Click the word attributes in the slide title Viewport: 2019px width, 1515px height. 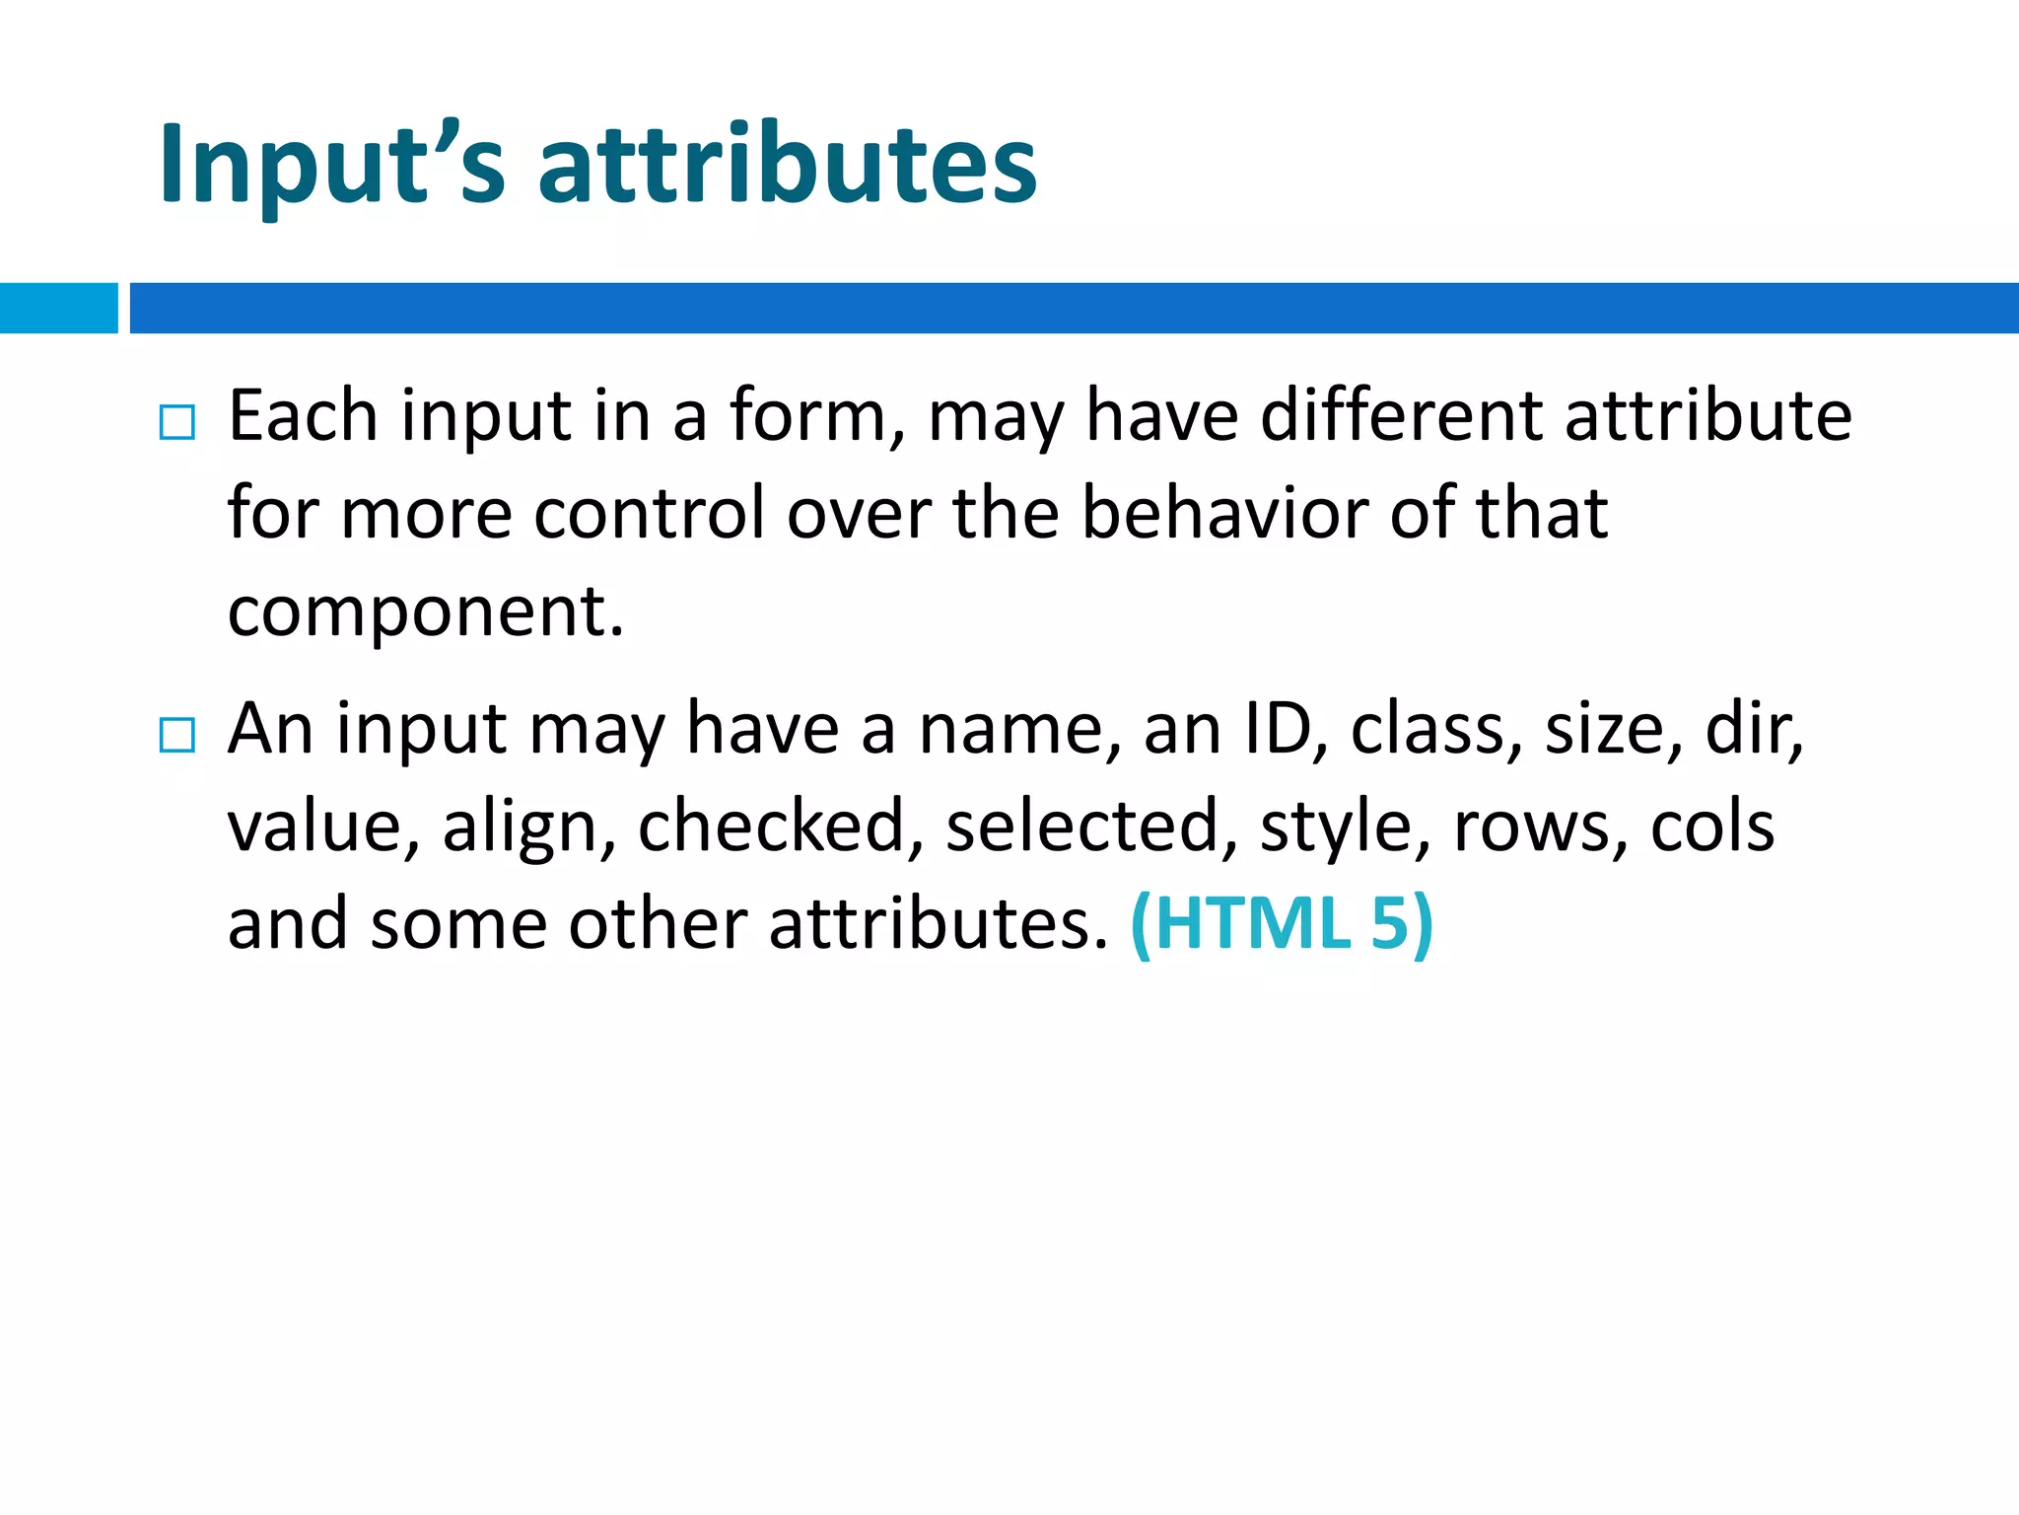[x=787, y=164]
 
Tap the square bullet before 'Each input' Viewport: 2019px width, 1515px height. [x=177, y=422]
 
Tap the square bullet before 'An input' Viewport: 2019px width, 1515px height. [x=177, y=735]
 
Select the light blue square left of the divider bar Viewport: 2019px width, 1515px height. [x=58, y=308]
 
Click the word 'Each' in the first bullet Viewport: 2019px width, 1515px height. [x=303, y=415]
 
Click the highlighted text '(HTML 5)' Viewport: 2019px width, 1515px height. [x=1282, y=924]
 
